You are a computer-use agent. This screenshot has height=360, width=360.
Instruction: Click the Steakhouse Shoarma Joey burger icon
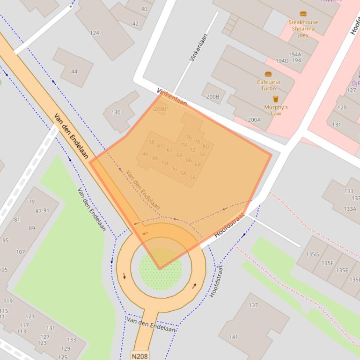(x=303, y=14)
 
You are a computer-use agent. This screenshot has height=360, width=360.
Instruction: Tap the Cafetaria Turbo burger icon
(x=268, y=74)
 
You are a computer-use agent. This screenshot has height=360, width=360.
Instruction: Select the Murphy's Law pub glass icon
(x=276, y=99)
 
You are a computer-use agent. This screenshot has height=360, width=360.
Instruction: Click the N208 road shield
(x=140, y=356)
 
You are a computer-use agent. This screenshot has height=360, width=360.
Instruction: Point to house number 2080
(x=160, y=109)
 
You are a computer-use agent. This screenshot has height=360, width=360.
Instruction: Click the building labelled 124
(x=95, y=33)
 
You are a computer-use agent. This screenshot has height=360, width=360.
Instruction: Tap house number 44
(x=74, y=72)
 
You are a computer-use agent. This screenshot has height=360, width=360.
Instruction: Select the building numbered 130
(x=116, y=112)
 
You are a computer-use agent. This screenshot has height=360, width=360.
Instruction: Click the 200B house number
(x=213, y=97)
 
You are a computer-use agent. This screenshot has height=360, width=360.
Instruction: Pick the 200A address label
(x=254, y=120)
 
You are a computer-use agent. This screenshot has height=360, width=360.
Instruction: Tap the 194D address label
(x=282, y=61)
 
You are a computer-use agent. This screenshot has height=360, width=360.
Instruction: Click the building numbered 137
(x=253, y=305)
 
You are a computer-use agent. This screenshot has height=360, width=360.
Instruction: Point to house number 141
(x=234, y=337)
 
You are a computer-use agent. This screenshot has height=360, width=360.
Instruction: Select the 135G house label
(x=312, y=254)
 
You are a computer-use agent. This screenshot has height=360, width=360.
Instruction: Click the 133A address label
(x=350, y=209)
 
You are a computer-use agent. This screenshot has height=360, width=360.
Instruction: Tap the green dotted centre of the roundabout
(x=161, y=269)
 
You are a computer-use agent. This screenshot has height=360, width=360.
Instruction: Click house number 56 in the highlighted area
(x=192, y=178)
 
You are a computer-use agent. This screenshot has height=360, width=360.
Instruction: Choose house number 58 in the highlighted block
(x=151, y=142)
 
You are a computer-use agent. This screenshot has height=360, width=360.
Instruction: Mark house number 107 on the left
(x=20, y=252)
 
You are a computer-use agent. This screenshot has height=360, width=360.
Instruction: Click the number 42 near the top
(x=135, y=24)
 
